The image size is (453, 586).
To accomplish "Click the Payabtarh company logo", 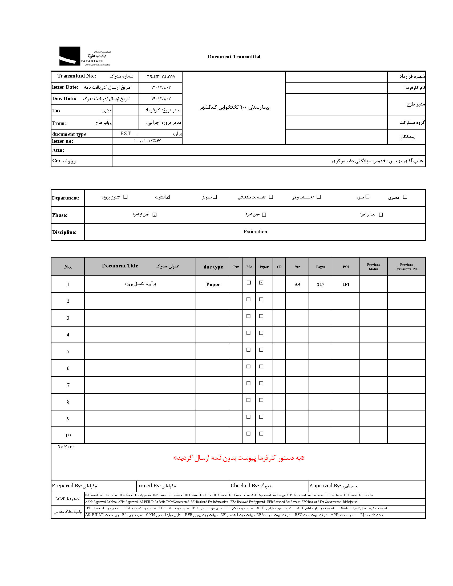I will pos(84,56).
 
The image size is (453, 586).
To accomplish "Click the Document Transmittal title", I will pos(234,57).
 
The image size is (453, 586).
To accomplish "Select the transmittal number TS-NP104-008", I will pos(160,77).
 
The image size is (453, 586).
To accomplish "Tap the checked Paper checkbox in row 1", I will pos(261,283).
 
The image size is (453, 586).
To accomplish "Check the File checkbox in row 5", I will pos(249,350).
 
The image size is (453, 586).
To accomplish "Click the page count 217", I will pos(320,284).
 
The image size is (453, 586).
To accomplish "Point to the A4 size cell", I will pos(297,284).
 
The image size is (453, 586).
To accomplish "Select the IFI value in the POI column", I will pos(346,284).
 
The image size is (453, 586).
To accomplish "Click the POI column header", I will pos(346,267).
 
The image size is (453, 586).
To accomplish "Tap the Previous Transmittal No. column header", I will pos(406,267).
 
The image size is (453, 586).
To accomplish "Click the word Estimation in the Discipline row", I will pos(255,232).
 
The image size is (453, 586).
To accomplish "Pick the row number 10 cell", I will pos(68,436).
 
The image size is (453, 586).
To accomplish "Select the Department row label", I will pos(66,198).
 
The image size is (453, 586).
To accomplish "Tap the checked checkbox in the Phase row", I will pos(155,215).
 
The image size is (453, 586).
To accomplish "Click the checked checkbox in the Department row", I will pos(168,197).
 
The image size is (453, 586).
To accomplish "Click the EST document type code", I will pos(126,133).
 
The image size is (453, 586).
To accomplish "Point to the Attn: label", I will pos(58,150).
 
